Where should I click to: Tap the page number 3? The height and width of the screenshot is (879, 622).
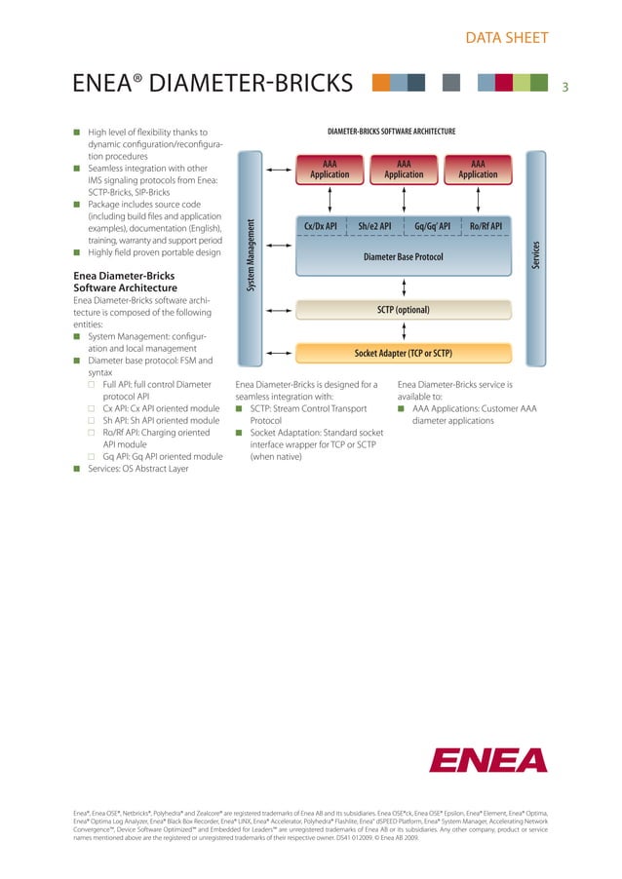pos(564,87)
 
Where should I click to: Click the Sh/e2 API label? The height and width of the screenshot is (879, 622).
pos(374,227)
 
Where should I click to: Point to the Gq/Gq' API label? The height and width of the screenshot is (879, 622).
pos(432,227)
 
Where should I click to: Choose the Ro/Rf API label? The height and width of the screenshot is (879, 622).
pos(485,227)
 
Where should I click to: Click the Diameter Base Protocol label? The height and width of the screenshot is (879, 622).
pos(403,257)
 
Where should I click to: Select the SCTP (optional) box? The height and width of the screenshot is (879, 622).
pos(403,310)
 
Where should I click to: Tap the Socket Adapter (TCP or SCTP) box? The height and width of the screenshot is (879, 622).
pos(403,352)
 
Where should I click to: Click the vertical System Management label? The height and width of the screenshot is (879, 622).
pos(250,253)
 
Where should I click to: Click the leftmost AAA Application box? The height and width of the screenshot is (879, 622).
pos(330,170)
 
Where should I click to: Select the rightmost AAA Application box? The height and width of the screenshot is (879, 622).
pos(478,170)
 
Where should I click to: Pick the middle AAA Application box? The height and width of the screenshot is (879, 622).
pos(404,170)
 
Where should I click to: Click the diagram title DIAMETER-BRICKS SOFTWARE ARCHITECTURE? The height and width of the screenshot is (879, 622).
pos(392,131)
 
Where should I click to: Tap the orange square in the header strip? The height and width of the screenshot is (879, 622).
pos(381,84)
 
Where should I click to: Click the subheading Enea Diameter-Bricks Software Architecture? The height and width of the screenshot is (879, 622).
pos(126,283)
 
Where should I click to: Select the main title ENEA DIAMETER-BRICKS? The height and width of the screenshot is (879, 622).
pos(213,85)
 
